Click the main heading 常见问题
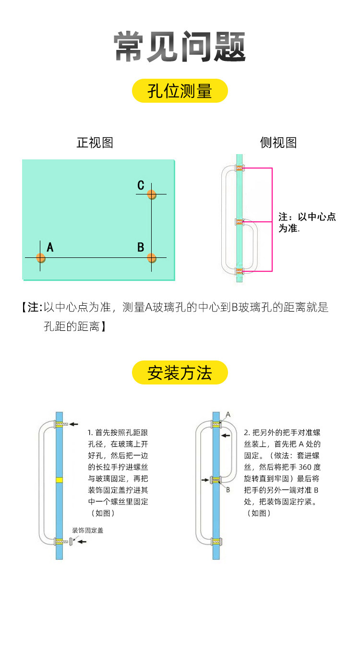[180, 47]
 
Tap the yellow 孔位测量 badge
[180, 91]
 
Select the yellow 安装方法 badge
[180, 372]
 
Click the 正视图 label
[95, 143]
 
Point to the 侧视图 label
[278, 143]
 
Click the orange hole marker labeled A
[40, 258]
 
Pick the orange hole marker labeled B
[151, 258]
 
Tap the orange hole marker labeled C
[151, 194]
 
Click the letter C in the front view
[141, 185]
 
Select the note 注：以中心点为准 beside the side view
[307, 222]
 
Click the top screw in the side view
[239, 168]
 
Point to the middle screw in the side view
[239, 221]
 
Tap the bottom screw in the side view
[239, 272]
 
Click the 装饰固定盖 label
[88, 530]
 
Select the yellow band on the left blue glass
[59, 480]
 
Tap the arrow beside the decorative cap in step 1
[82, 541]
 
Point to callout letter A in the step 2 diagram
[228, 414]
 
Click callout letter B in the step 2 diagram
[228, 490]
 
